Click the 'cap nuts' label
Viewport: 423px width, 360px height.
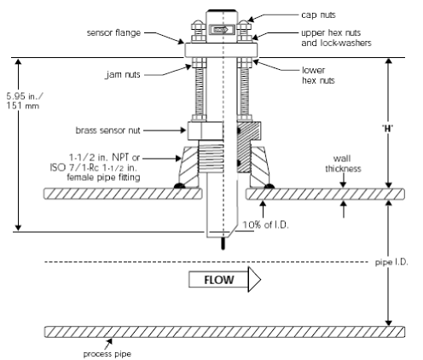point(318,15)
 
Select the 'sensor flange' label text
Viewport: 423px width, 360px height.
point(113,32)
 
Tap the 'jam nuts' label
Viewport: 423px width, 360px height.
point(123,74)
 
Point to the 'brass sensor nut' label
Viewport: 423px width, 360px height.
point(107,131)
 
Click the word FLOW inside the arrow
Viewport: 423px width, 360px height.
point(219,280)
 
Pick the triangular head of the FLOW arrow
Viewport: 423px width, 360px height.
point(254,279)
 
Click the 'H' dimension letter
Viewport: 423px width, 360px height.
point(388,129)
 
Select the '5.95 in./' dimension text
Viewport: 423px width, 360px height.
point(25,96)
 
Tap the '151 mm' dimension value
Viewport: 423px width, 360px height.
point(23,106)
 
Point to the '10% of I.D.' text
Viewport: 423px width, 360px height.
point(265,225)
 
